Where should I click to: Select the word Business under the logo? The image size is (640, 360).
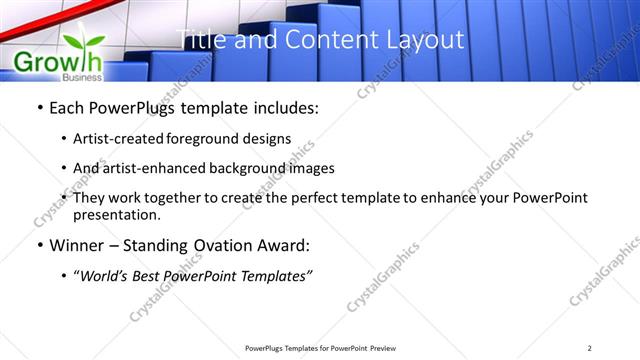click(81, 77)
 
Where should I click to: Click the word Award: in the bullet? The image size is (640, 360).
click(289, 245)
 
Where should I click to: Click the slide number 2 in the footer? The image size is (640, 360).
click(590, 347)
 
